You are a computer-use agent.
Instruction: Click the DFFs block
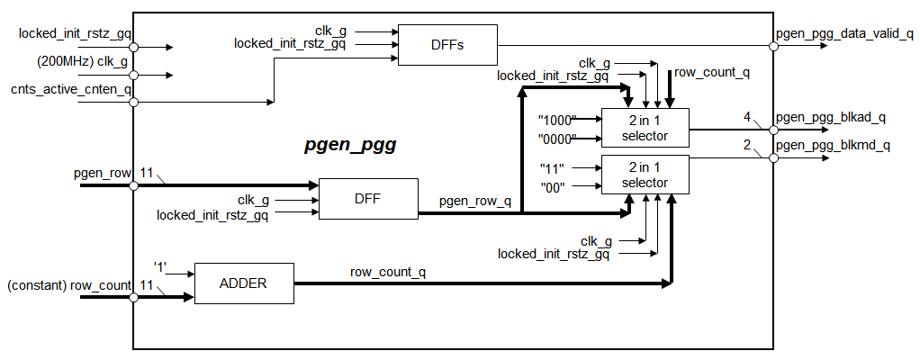[x=446, y=44]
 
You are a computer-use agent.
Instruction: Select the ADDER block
[x=244, y=283]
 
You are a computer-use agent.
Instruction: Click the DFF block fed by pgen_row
[x=368, y=200]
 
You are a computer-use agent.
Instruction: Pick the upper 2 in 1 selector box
[x=645, y=128]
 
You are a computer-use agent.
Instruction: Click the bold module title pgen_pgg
[x=349, y=144]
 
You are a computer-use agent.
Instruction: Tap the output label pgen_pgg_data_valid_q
[x=844, y=34]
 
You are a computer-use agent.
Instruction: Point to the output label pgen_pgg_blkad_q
[x=831, y=117]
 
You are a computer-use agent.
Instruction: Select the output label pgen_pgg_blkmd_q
[x=833, y=145]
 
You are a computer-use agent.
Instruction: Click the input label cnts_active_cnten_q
[x=71, y=89]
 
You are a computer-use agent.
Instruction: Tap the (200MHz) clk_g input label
[x=82, y=62]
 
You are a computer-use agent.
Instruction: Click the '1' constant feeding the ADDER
[x=159, y=266]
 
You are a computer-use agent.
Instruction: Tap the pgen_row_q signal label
[x=474, y=202]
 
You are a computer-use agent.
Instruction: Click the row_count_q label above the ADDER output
[x=388, y=271]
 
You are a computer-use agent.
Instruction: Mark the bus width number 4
[x=747, y=117]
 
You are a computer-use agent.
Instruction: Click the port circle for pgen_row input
[x=134, y=185]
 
